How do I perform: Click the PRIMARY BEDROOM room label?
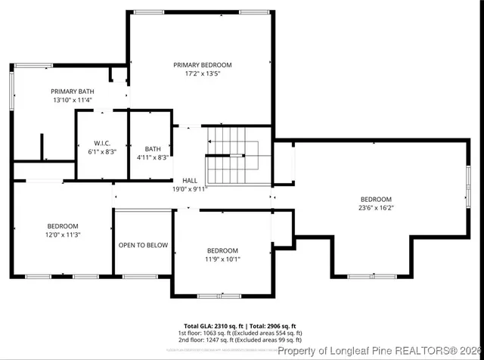click(x=202, y=65)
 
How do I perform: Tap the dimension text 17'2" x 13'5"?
click(x=202, y=74)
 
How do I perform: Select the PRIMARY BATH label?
click(x=72, y=91)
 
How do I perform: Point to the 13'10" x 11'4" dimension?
click(x=72, y=100)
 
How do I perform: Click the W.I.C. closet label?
click(x=103, y=142)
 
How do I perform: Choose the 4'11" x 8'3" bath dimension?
click(x=153, y=157)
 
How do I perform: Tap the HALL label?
click(x=190, y=180)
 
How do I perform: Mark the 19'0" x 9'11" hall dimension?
click(x=190, y=189)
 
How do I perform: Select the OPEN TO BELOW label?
click(x=143, y=245)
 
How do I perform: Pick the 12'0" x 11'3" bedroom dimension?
click(x=63, y=234)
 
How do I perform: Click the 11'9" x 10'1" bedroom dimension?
click(x=222, y=259)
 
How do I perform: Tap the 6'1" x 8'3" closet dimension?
click(x=103, y=151)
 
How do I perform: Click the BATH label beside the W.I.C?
click(x=153, y=149)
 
